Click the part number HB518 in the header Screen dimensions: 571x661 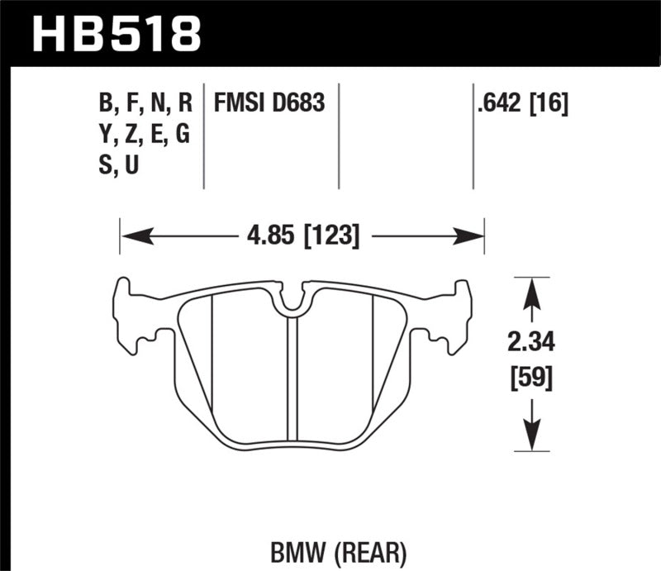pos(116,32)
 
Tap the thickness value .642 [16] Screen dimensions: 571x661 pos(519,104)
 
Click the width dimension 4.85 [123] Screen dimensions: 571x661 pos(301,236)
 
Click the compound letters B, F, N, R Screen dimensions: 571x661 pos(145,104)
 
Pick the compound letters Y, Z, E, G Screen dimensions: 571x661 pos(145,136)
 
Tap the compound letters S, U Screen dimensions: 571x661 pos(118,166)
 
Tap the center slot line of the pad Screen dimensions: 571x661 pos(291,380)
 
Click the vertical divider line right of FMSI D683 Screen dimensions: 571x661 pos(339,136)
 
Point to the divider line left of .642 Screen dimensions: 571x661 pos(473,136)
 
